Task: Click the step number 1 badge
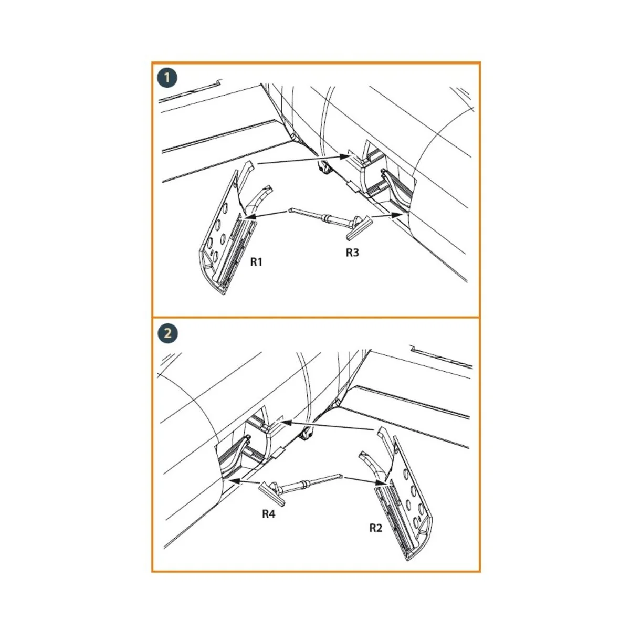click(167, 78)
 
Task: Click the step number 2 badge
click(167, 334)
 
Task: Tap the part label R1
click(256, 262)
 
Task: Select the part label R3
click(352, 253)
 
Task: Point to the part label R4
click(269, 514)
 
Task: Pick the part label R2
click(376, 528)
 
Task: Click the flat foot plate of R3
click(359, 227)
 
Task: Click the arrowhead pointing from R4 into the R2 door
click(380, 482)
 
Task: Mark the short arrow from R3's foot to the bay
click(387, 215)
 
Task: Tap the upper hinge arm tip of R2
click(381, 429)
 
